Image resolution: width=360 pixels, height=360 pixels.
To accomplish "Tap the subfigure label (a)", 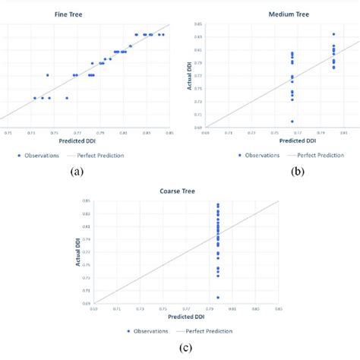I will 77,172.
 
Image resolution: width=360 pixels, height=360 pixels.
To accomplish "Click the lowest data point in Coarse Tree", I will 218,298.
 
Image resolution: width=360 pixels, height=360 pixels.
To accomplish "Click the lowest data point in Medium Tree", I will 292,122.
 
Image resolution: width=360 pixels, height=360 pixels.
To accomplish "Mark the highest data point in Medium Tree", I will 333,34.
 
